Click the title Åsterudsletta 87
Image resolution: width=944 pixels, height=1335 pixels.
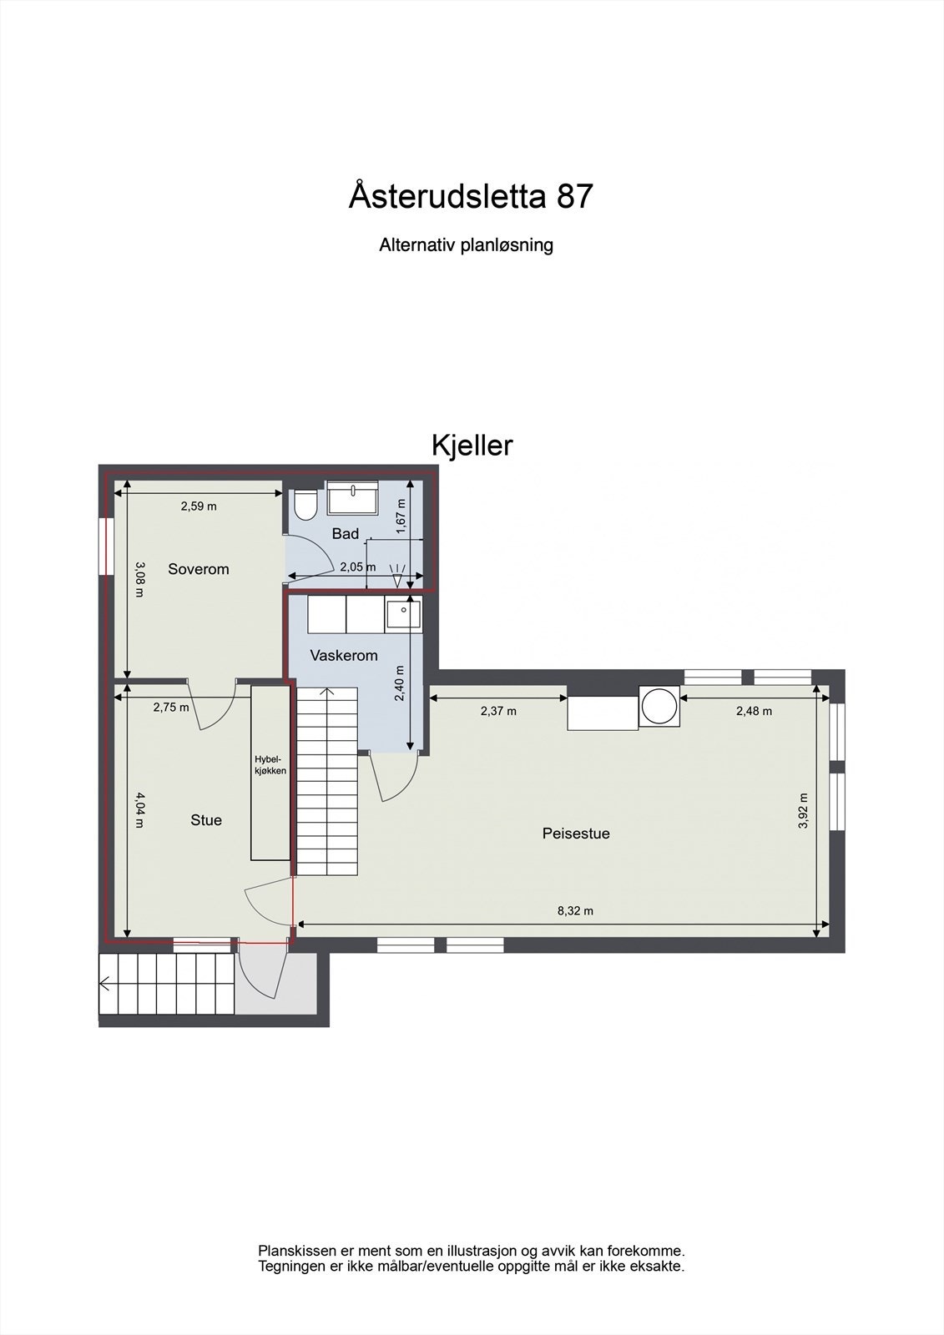pos(471,197)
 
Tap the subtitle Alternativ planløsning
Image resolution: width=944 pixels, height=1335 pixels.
pos(466,245)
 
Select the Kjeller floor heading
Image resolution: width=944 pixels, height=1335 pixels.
pos(472,446)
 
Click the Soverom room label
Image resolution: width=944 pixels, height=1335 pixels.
pos(198,569)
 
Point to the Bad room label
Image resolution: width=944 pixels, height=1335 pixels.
pos(345,534)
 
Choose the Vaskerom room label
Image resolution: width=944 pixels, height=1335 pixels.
pos(344,656)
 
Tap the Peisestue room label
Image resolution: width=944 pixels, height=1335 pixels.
pos(576,833)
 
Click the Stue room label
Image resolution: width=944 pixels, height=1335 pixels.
pos(206,820)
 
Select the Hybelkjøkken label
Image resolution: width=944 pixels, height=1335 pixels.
pos(270,765)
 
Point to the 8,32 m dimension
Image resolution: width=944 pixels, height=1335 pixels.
pos(575,910)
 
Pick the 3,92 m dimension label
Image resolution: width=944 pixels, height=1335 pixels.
pos(803,810)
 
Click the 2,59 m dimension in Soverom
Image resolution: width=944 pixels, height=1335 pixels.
pos(199,506)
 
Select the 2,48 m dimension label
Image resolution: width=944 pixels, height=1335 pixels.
pos(754,711)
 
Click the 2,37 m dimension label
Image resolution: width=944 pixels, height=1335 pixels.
pos(498,711)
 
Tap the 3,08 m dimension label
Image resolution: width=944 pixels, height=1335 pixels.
pos(139,579)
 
